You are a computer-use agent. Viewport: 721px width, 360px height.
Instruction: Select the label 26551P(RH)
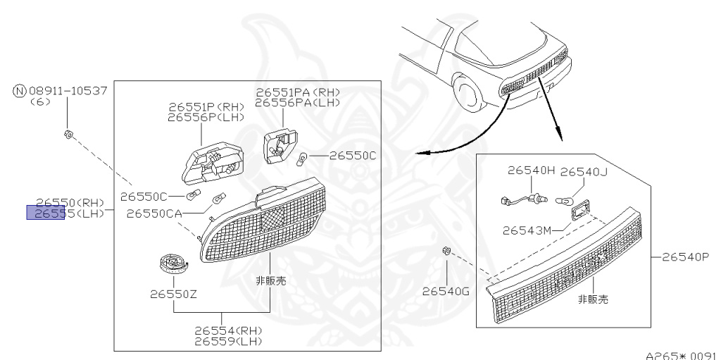[206, 107]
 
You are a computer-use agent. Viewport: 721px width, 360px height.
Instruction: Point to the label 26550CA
[155, 212]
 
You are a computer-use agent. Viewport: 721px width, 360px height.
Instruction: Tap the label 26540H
[532, 170]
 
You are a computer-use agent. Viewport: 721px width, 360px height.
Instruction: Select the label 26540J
[584, 170]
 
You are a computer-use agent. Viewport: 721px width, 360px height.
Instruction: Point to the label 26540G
[446, 290]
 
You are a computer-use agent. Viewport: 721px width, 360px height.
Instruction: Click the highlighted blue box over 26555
[45, 212]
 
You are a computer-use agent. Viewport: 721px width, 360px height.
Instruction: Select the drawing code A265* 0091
[682, 355]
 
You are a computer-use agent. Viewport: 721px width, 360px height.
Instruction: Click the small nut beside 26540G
[446, 251]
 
